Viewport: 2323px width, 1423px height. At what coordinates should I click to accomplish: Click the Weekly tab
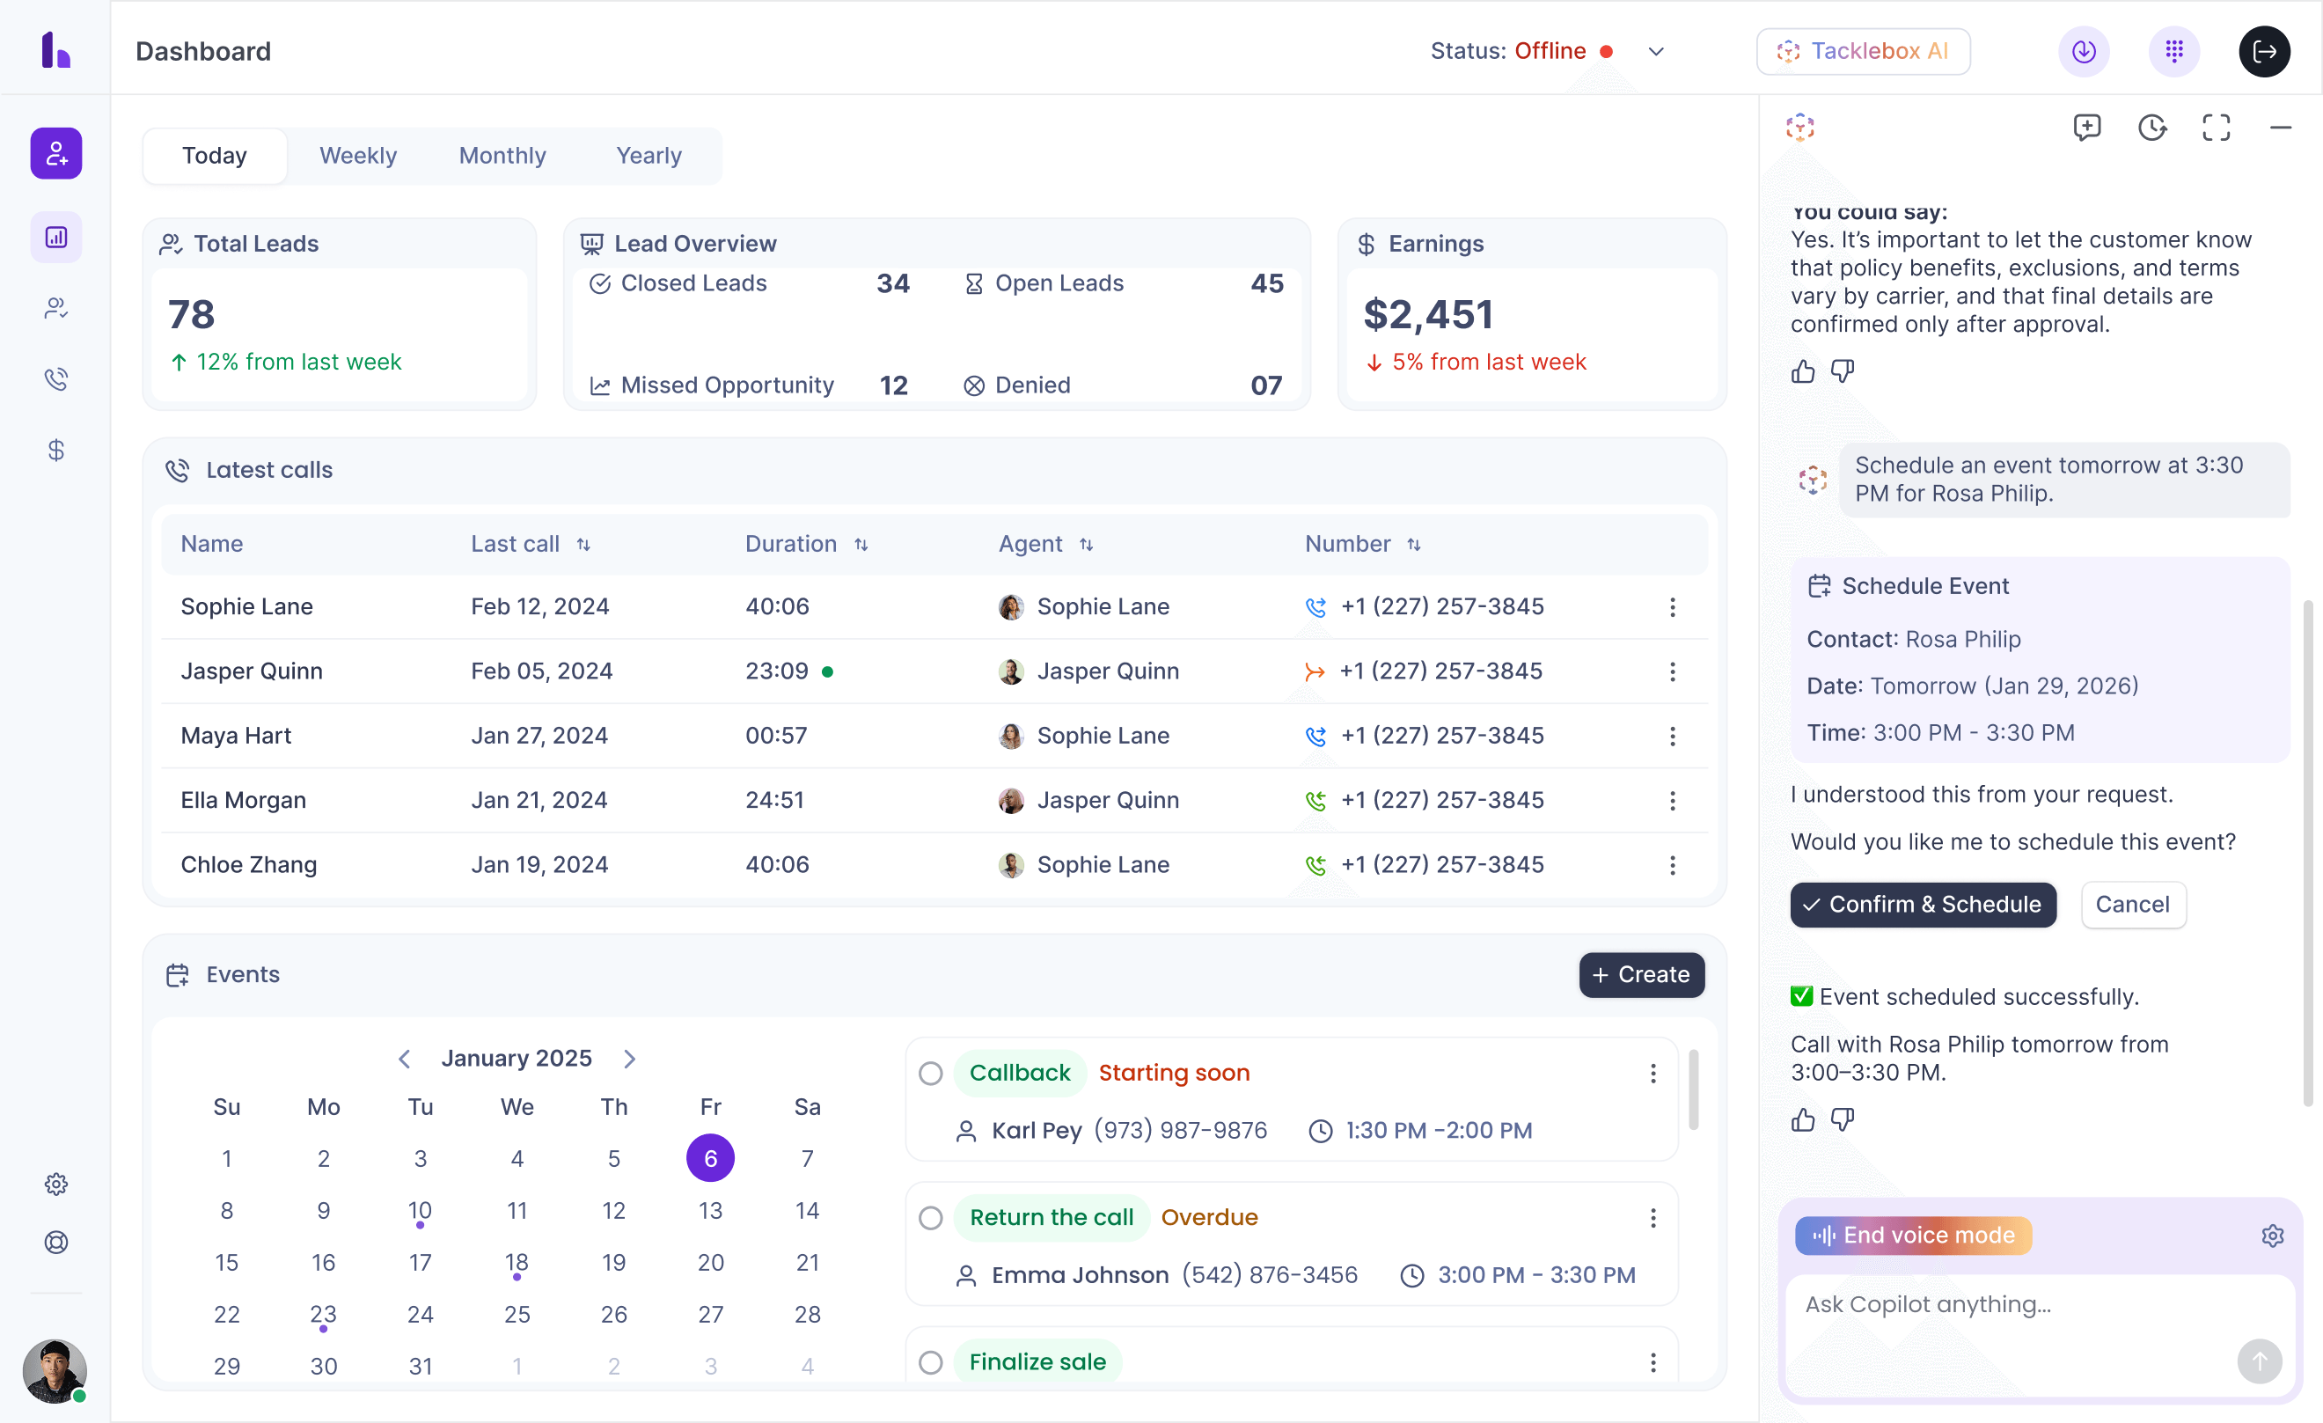pos(357,156)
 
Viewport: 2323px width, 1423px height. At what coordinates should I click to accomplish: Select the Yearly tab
pos(649,156)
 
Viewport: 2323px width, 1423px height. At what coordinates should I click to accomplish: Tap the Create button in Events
pos(1641,974)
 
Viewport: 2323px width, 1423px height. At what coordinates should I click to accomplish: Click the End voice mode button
pos(1913,1236)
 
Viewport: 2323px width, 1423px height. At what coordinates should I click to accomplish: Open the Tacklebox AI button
pos(1863,51)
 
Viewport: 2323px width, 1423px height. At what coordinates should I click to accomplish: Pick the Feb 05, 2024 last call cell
pos(541,671)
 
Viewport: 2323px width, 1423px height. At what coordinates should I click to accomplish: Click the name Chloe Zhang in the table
pos(248,865)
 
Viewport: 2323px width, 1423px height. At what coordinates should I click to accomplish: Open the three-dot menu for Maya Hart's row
pos(1673,736)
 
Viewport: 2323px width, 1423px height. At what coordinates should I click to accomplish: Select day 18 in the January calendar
pos(517,1262)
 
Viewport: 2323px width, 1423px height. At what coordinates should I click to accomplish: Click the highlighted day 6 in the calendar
pos(710,1158)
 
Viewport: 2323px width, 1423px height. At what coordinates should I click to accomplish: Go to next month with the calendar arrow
pos(630,1058)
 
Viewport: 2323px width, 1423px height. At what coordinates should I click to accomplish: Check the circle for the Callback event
pos(931,1073)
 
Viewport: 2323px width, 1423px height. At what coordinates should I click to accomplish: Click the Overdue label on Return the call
pos(1209,1217)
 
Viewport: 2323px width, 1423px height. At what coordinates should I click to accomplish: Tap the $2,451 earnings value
pos(1427,314)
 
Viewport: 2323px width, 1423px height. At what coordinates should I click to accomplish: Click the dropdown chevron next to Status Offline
pos(1655,51)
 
